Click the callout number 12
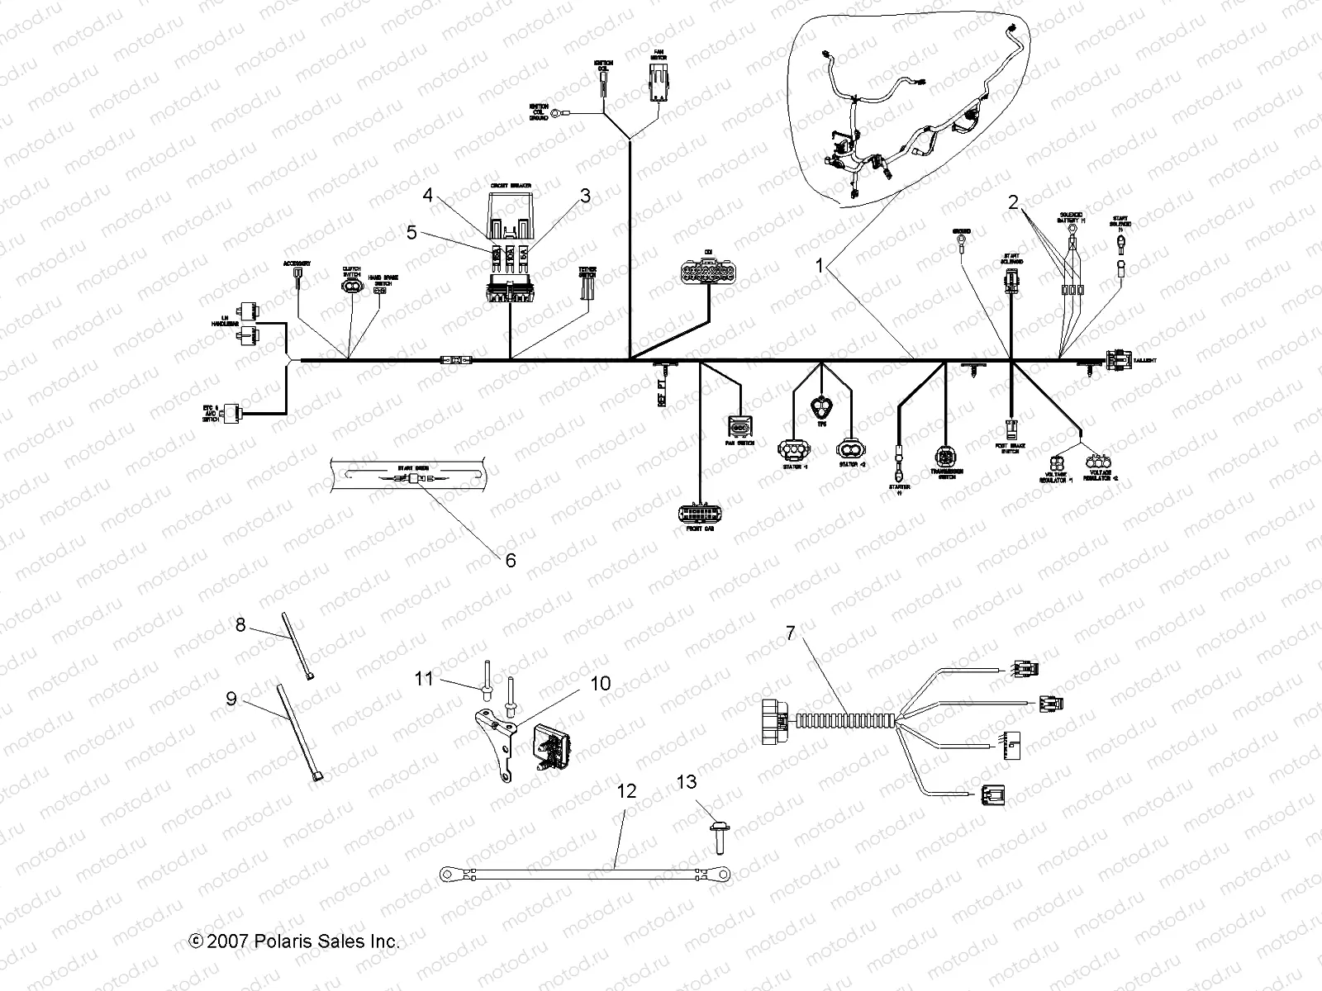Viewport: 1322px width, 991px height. point(627,791)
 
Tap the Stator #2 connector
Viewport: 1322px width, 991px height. point(850,448)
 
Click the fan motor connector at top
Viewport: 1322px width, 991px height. point(659,86)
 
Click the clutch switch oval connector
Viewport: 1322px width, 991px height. point(352,287)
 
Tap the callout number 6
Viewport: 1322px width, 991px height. point(511,561)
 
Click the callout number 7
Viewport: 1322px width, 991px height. point(790,634)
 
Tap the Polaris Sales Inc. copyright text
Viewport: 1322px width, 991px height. point(294,941)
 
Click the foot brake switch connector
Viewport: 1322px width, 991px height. point(1012,428)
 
